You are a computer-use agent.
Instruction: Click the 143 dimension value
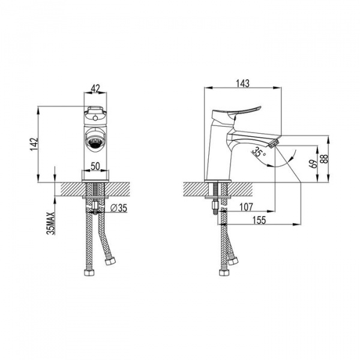click(x=242, y=83)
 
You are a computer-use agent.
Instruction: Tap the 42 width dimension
click(x=96, y=88)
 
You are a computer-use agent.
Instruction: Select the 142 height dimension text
click(x=34, y=144)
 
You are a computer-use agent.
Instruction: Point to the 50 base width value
click(x=95, y=166)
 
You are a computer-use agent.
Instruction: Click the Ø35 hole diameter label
click(x=118, y=208)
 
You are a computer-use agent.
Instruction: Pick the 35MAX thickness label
click(x=51, y=223)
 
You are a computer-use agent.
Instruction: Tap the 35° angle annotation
click(x=259, y=152)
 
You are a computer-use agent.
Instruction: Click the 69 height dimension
click(x=314, y=164)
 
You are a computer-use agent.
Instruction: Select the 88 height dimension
click(x=325, y=158)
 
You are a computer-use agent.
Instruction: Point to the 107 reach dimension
click(x=246, y=207)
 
